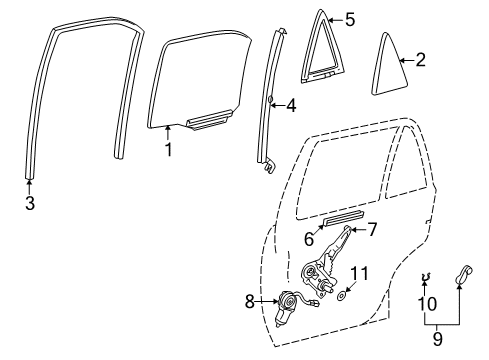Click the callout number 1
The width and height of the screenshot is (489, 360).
coord(169,150)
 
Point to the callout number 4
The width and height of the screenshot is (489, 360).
coord(291,104)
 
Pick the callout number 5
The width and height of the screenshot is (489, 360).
coord(350,19)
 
